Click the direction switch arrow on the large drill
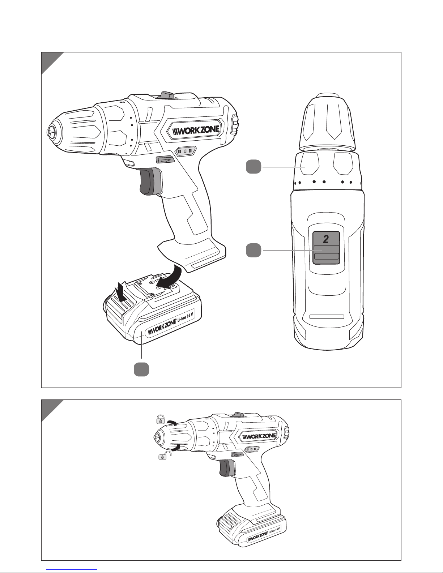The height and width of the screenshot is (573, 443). tap(165, 160)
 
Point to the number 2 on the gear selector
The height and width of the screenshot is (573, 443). tap(326, 239)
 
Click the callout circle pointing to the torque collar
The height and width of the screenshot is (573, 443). tap(254, 167)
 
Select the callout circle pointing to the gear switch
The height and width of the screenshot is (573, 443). tap(254, 250)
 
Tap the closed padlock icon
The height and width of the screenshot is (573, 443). tap(161, 419)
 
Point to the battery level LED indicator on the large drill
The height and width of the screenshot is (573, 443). tap(186, 151)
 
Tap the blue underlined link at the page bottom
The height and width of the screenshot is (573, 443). tap(72, 569)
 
